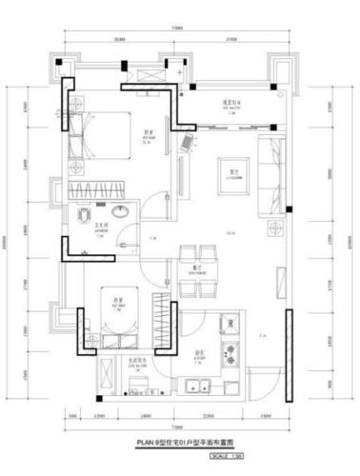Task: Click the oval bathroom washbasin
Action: (119, 211)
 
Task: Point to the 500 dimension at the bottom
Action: (72, 417)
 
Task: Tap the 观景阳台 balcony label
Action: (229, 102)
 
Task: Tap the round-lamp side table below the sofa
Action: (276, 228)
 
